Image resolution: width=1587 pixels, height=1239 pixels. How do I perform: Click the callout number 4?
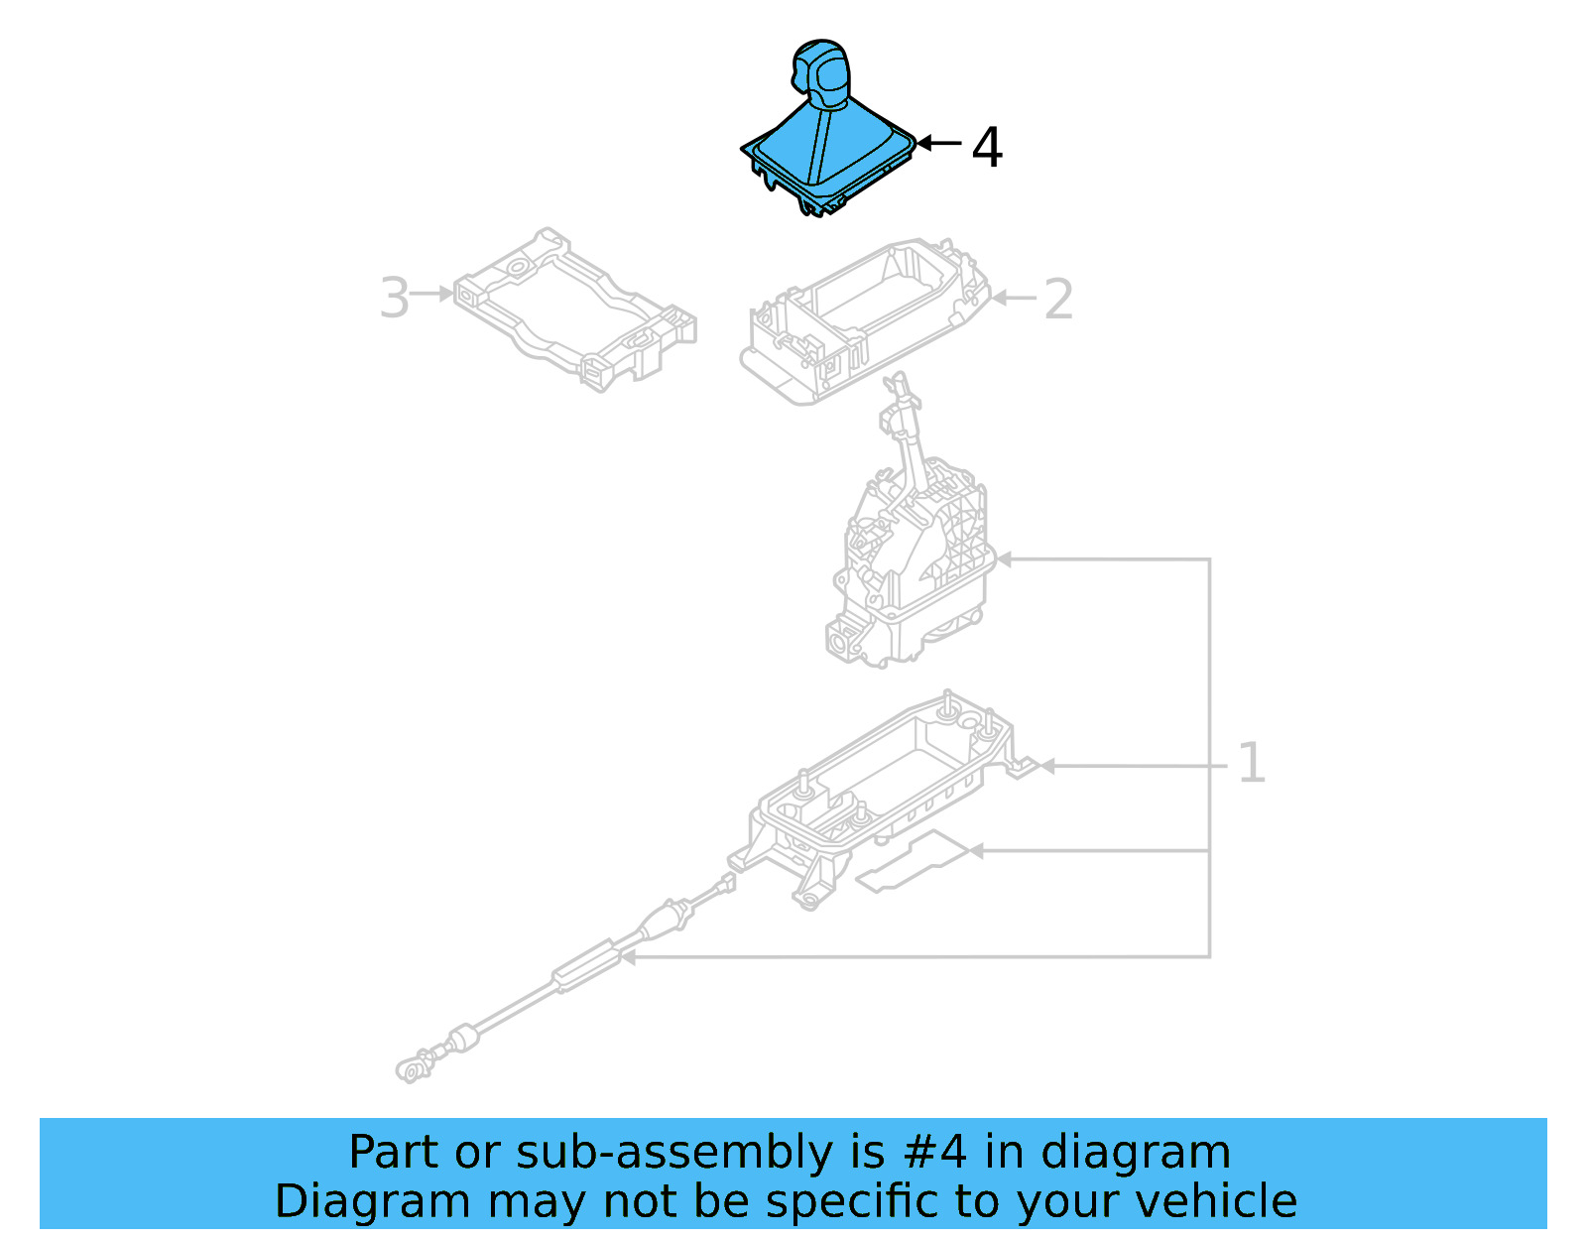(x=986, y=147)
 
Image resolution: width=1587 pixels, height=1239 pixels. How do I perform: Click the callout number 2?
(x=1058, y=300)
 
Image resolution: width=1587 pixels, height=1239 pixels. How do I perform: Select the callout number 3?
(x=394, y=298)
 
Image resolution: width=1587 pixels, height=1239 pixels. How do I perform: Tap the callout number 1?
(x=1251, y=764)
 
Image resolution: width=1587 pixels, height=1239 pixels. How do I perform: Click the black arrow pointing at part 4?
(x=938, y=144)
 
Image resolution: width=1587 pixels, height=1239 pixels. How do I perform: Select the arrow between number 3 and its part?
(x=432, y=294)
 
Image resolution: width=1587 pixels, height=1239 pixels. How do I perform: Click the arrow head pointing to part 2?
(x=998, y=298)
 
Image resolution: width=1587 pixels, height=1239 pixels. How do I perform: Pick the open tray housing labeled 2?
(x=863, y=317)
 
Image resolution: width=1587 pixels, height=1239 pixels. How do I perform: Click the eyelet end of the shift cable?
(x=410, y=1069)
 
